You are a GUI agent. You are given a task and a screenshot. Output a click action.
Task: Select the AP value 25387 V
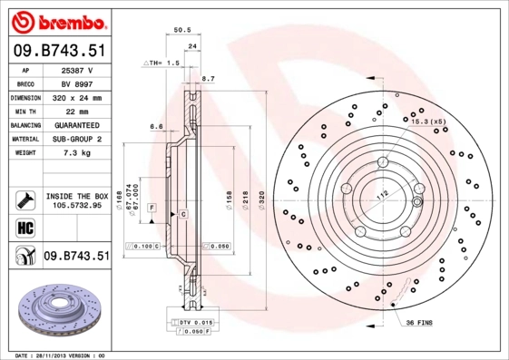78,70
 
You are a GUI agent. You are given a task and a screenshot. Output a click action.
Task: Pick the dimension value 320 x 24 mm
78,97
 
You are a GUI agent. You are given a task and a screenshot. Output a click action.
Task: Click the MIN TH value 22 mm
78,111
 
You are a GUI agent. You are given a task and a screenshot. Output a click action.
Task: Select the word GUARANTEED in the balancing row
78,124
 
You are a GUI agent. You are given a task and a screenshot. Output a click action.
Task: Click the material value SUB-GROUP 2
78,139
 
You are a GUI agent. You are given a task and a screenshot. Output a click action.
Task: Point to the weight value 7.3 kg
78,153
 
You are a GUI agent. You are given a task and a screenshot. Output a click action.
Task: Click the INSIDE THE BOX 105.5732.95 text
78,200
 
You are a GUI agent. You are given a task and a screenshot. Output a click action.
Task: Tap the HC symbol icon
25,227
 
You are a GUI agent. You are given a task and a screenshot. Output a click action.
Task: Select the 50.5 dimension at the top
181,31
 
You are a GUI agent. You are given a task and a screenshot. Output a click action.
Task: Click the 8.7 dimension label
207,80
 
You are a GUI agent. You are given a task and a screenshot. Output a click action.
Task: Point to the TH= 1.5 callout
162,63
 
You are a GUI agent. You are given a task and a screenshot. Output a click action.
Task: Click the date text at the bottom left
62,355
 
